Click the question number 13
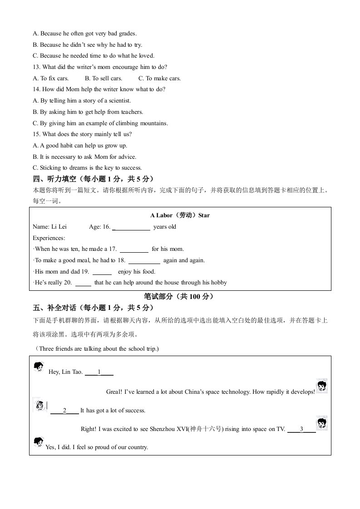point(36,67)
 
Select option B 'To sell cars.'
point(104,78)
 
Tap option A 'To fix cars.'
point(51,78)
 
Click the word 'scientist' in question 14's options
point(118,101)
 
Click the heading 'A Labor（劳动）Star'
point(180,215)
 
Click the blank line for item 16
point(131,227)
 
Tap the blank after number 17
point(134,250)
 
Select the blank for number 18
point(144,261)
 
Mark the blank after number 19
point(102,272)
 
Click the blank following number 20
point(83,283)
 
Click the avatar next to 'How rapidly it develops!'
point(322,386)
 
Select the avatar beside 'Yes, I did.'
point(38,442)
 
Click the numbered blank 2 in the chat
point(64,411)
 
